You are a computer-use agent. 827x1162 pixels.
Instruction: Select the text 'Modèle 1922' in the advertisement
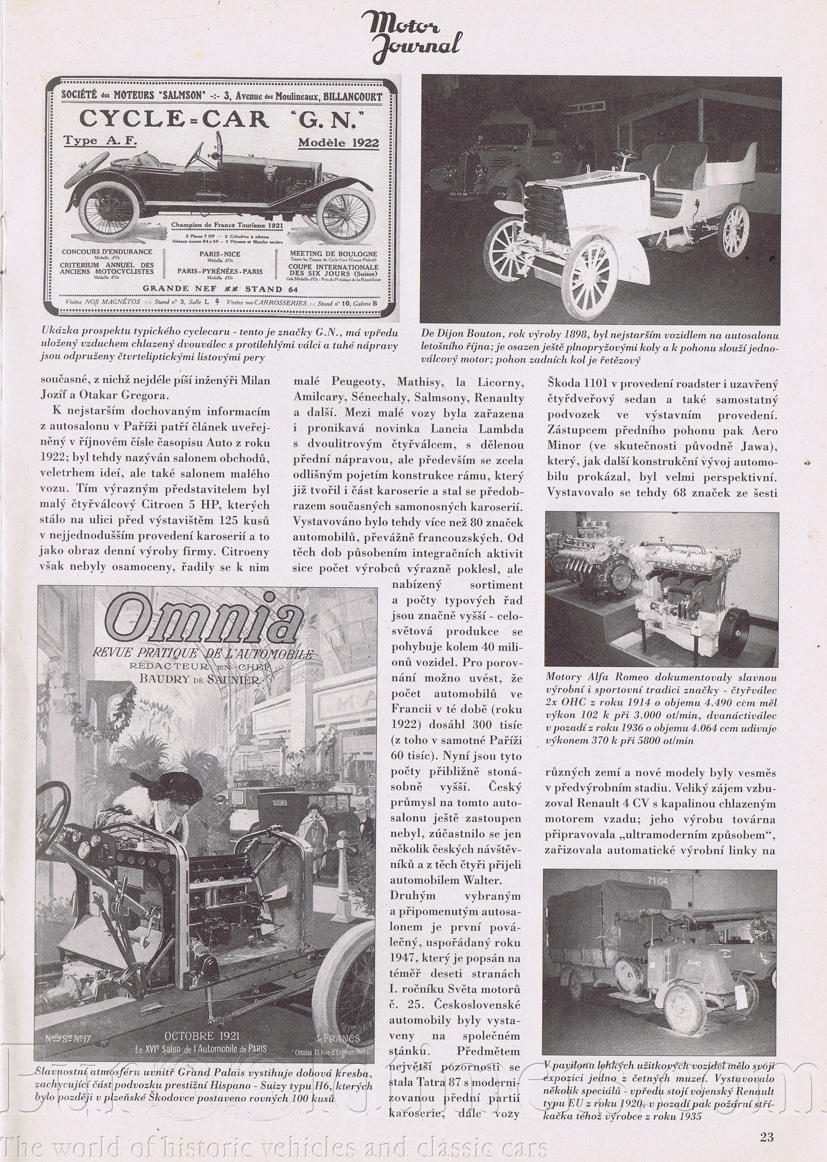338,143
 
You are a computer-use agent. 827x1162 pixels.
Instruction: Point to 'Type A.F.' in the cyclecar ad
100,141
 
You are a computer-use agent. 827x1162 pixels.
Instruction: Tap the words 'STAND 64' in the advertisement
271,289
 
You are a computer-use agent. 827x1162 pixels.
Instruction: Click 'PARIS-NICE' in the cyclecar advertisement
220,254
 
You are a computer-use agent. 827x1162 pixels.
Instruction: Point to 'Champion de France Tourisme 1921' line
227,225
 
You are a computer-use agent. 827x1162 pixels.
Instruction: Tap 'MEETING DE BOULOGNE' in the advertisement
333,253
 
